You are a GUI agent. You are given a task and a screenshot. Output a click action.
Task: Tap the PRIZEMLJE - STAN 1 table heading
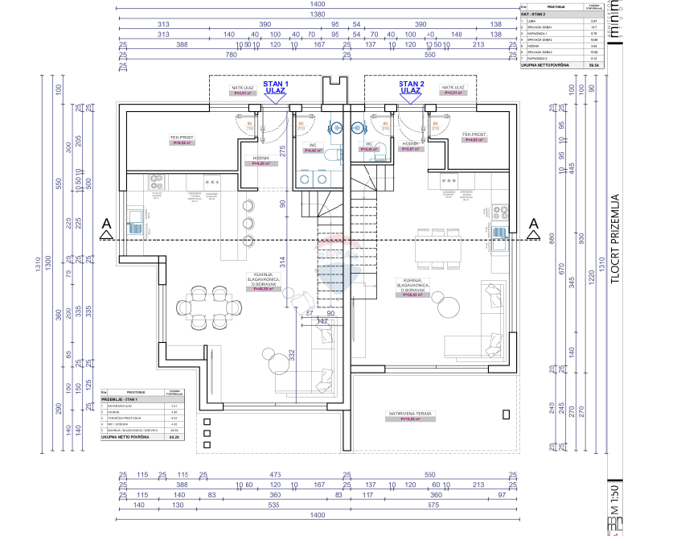click(121, 400)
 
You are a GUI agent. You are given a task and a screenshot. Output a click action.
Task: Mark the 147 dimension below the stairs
click(322, 322)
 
